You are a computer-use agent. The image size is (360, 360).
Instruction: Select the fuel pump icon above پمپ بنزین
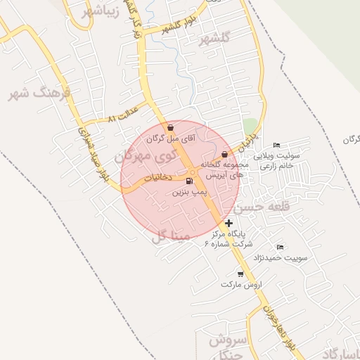[189, 181]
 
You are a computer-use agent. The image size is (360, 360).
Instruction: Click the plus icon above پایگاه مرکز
[229, 223]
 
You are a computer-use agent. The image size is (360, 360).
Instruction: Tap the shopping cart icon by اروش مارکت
[240, 274]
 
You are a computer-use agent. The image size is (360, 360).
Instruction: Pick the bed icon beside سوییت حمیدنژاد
[280, 247]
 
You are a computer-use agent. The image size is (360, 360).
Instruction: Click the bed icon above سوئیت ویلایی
[276, 145]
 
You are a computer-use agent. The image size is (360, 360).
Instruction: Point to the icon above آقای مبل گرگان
[171, 128]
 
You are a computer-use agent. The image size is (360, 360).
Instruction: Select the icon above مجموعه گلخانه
[224, 154]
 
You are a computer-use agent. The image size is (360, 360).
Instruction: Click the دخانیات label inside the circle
[158, 179]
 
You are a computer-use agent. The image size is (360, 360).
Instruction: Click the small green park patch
[250, 127]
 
